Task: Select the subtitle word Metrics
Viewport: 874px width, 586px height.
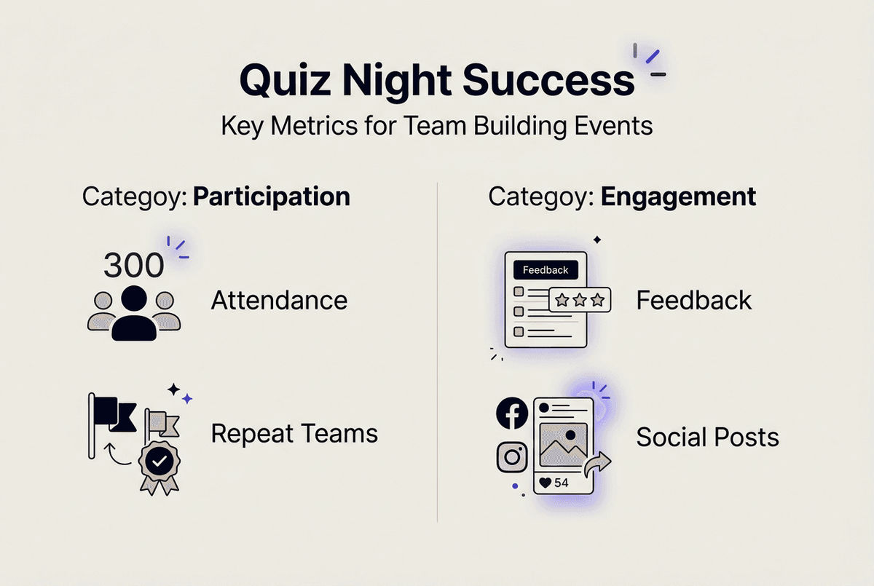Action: click(309, 126)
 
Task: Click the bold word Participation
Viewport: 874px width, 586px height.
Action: click(271, 197)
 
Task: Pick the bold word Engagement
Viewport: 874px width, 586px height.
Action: click(677, 197)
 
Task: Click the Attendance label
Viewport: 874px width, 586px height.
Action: click(279, 300)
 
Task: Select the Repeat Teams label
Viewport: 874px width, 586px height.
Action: click(294, 434)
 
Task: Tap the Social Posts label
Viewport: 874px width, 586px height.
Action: click(707, 437)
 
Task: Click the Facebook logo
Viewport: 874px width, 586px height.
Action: click(512, 413)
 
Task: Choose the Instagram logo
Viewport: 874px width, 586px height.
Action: click(512, 457)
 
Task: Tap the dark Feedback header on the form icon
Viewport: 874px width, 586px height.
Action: click(546, 270)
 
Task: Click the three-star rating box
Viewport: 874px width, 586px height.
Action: click(580, 299)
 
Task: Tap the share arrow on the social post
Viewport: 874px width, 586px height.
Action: click(599, 463)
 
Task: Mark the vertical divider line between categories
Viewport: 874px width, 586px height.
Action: click(437, 349)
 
